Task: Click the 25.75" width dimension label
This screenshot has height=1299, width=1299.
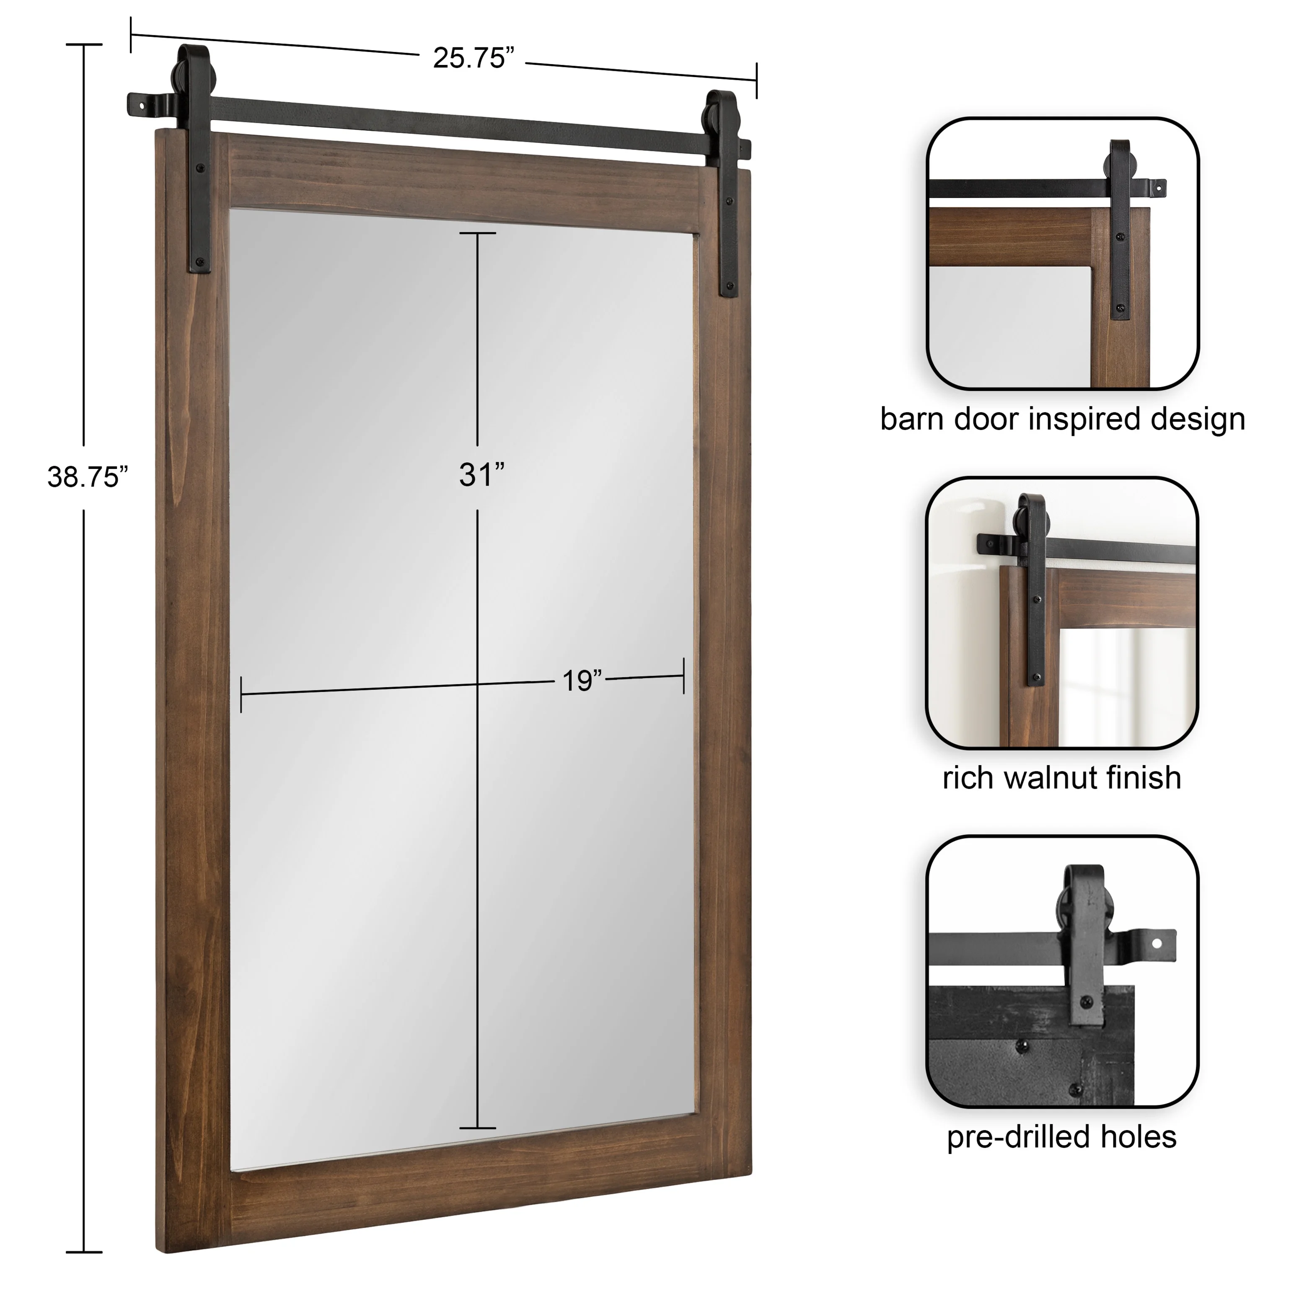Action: (473, 59)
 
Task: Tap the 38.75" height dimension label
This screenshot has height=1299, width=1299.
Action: (88, 477)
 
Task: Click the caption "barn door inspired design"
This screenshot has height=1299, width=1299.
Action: (1062, 419)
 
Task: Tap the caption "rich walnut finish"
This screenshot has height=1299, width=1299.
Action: (1062, 778)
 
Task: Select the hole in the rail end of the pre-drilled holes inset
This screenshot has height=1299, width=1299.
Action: (1157, 943)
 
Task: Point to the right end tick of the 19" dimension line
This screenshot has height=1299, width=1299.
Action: (684, 676)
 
